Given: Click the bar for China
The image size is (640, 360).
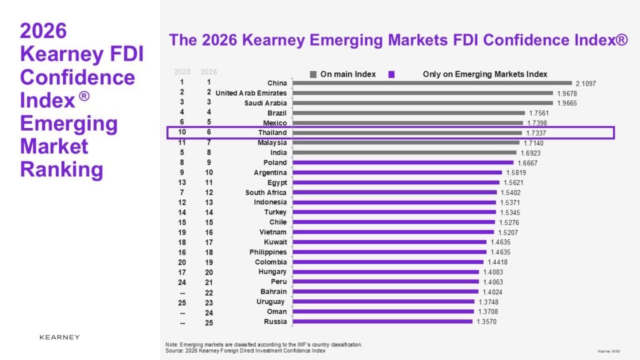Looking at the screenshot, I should pos(431,82).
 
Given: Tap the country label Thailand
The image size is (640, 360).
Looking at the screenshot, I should pos(272,132).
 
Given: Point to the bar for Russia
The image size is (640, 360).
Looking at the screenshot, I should pos(381,322).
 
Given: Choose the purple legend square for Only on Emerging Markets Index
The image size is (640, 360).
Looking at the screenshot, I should pos(391,74).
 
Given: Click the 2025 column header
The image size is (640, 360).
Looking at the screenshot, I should pos(182,72).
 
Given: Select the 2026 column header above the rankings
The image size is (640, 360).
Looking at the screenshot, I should pos(209,72).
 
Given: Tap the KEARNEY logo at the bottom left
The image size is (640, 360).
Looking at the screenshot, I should pos(59,337).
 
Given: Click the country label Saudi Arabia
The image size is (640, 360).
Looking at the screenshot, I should pos(266,103).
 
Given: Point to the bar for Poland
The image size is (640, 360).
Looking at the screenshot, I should pos(402,162).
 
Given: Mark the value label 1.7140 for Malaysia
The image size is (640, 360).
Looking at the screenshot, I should pos(534,143).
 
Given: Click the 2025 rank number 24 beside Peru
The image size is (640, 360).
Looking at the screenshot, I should pos(182,282).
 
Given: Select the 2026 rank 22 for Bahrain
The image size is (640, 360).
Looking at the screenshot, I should pos(209,292).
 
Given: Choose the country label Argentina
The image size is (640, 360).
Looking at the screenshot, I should pos(270,172).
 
